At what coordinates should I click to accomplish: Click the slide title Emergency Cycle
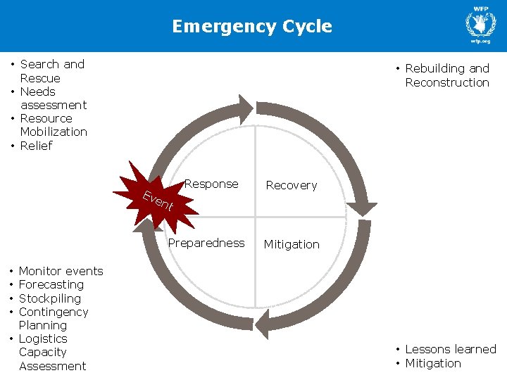[252, 27]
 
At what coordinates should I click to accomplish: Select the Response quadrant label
[211, 184]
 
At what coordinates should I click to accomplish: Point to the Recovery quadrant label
[291, 186]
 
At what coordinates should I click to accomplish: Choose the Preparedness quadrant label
[206, 243]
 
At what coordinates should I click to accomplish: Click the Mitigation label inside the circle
[292, 245]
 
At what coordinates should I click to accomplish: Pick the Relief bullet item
[36, 146]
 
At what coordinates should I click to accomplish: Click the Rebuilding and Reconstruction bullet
[446, 75]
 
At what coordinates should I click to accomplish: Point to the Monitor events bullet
[61, 272]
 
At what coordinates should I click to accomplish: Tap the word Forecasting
[51, 285]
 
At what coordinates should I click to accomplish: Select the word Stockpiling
[49, 298]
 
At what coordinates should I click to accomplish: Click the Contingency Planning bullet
[53, 319]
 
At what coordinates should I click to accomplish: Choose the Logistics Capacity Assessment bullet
[51, 352]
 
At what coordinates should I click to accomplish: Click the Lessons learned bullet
[450, 350]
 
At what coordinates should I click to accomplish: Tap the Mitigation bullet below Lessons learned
[432, 364]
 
